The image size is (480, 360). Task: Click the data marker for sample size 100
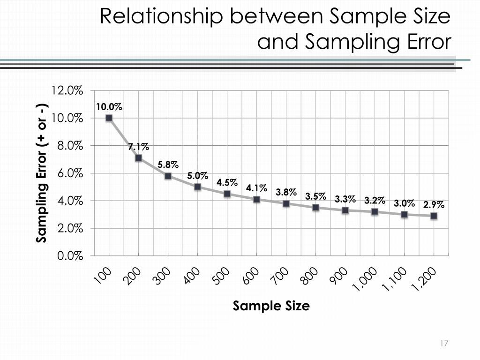coord(109,118)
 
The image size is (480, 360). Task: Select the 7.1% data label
coord(139,148)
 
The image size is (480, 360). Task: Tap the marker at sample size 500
coord(227,194)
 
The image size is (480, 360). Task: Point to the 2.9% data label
coord(434,205)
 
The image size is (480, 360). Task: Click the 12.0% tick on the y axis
coord(67,90)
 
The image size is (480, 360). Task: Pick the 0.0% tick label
coord(70,256)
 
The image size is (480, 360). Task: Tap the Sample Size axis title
coord(271,306)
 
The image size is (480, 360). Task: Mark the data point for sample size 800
coord(315,208)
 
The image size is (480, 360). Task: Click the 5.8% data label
coord(168,165)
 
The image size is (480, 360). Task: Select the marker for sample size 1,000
coord(375,212)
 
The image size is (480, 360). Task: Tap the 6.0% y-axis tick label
coord(70,173)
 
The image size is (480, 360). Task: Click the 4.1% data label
coord(256,188)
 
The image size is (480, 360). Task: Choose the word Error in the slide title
coord(423,42)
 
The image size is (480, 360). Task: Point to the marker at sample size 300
coord(168,176)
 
